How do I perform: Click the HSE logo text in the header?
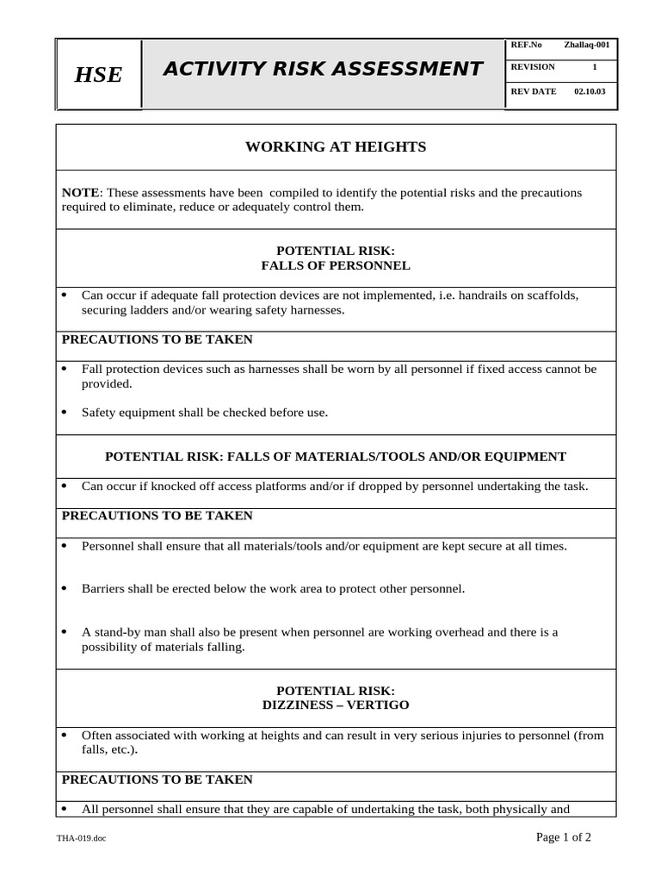tap(98, 75)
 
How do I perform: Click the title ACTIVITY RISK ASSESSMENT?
tap(323, 69)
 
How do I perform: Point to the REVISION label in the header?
tap(533, 67)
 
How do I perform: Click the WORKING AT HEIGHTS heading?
tap(336, 147)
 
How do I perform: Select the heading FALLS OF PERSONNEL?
tap(336, 265)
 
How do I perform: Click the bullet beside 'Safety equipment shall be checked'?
tap(65, 413)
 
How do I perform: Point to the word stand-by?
tap(116, 632)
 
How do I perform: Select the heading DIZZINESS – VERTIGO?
tap(336, 705)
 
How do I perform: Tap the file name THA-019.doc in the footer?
tap(83, 838)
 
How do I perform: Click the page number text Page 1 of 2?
tap(564, 836)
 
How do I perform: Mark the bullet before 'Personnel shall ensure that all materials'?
tap(65, 546)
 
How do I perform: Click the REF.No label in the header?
tap(526, 45)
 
